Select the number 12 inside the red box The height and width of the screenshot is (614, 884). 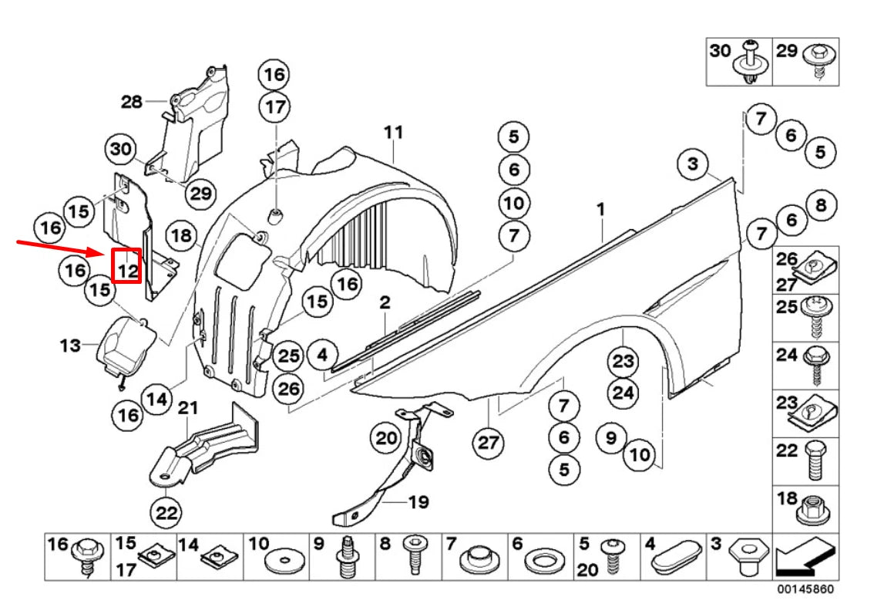coord(127,270)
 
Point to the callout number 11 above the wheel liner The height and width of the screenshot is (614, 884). coord(393,133)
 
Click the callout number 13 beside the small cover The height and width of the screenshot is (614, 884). coord(70,345)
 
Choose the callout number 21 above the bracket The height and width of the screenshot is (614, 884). coord(189,407)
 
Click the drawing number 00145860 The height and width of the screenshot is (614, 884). coord(804,589)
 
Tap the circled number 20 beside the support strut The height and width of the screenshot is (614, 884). coord(386,439)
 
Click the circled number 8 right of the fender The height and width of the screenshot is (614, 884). coord(821,204)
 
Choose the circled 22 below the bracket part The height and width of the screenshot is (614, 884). coord(167,511)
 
